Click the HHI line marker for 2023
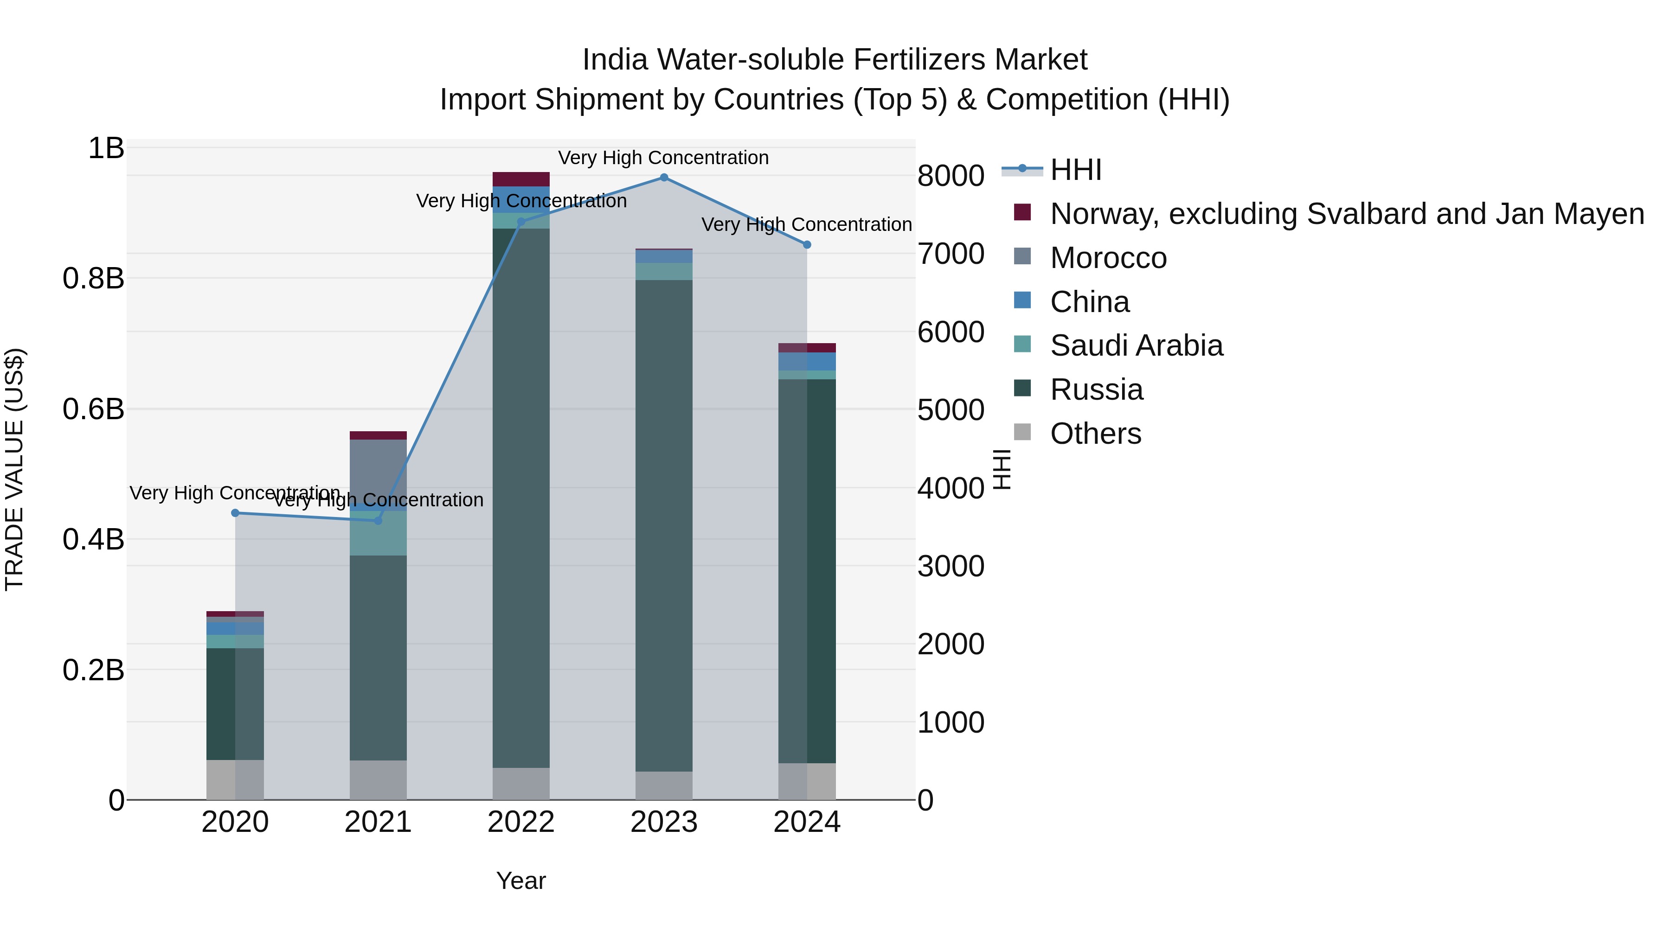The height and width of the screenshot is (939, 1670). click(664, 178)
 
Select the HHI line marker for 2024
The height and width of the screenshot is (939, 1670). click(807, 245)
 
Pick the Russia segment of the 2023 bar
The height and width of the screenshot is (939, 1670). click(664, 525)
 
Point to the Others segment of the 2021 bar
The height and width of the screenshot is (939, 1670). click(378, 779)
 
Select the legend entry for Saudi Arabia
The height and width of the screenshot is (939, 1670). click(1136, 345)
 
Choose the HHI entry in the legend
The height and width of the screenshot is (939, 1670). click(1075, 170)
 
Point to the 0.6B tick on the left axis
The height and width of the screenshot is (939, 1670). click(93, 409)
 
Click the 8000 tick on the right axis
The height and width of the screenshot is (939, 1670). click(951, 176)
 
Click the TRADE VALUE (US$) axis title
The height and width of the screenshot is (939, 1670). click(14, 469)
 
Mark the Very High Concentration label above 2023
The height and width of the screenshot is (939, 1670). click(663, 158)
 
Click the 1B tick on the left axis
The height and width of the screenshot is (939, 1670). click(106, 148)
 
